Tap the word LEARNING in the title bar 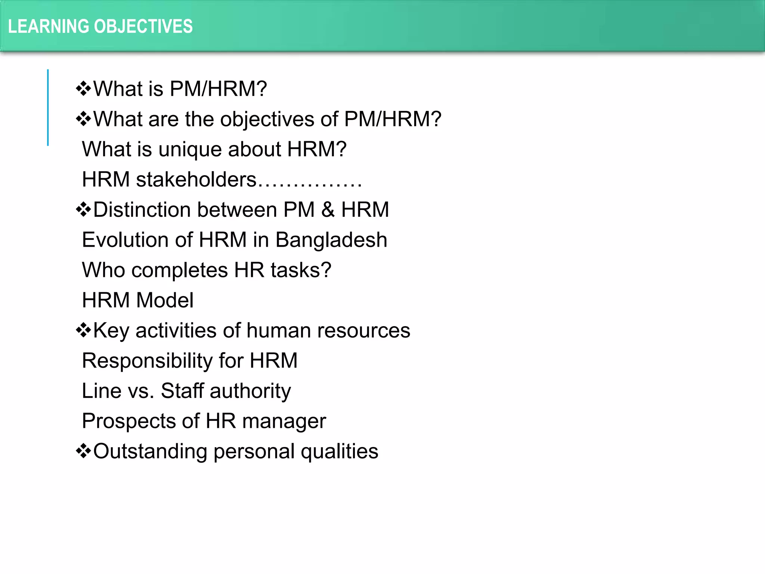[x=49, y=27]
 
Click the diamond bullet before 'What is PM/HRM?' [x=83, y=89]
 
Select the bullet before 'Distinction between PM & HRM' [x=83, y=210]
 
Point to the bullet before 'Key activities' [x=83, y=330]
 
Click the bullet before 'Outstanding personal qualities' [x=83, y=451]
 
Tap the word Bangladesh [x=331, y=240]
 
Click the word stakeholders [x=196, y=179]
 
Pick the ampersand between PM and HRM [x=328, y=210]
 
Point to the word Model [x=165, y=300]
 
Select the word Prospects [x=128, y=421]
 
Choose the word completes [x=179, y=270]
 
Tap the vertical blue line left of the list [x=48, y=108]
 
